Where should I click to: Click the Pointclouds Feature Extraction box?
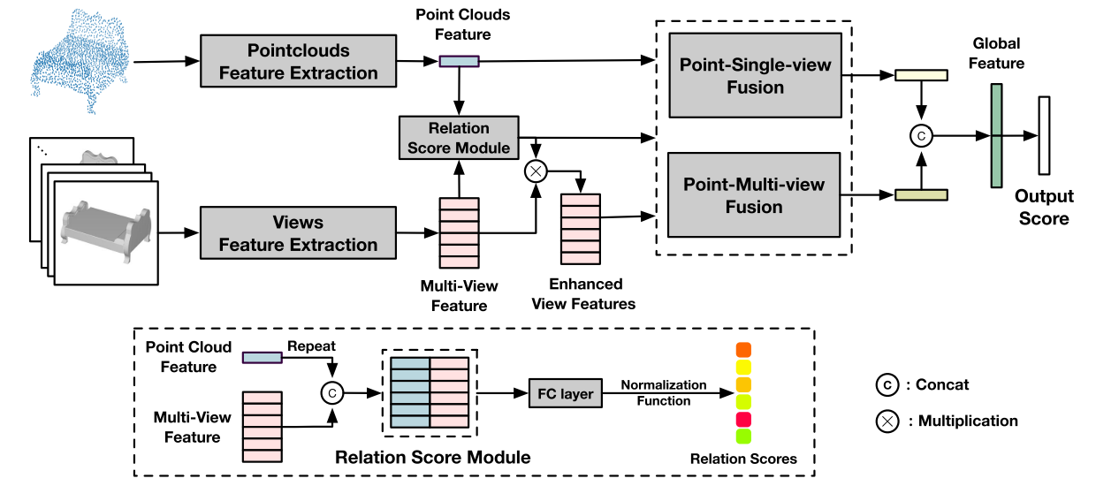tap(298, 62)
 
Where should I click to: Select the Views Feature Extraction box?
tap(298, 233)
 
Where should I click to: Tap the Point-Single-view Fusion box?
tap(755, 75)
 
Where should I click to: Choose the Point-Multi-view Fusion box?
tap(755, 195)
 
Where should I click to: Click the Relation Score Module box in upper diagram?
tap(459, 138)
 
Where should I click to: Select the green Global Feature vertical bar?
tap(997, 135)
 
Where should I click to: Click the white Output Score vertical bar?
tap(1044, 135)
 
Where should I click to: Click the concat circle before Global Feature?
tap(921, 136)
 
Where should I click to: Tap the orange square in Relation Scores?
tap(742, 350)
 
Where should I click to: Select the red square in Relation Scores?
tap(742, 418)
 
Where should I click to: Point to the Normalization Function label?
tap(664, 393)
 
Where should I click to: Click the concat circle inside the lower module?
tap(331, 392)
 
